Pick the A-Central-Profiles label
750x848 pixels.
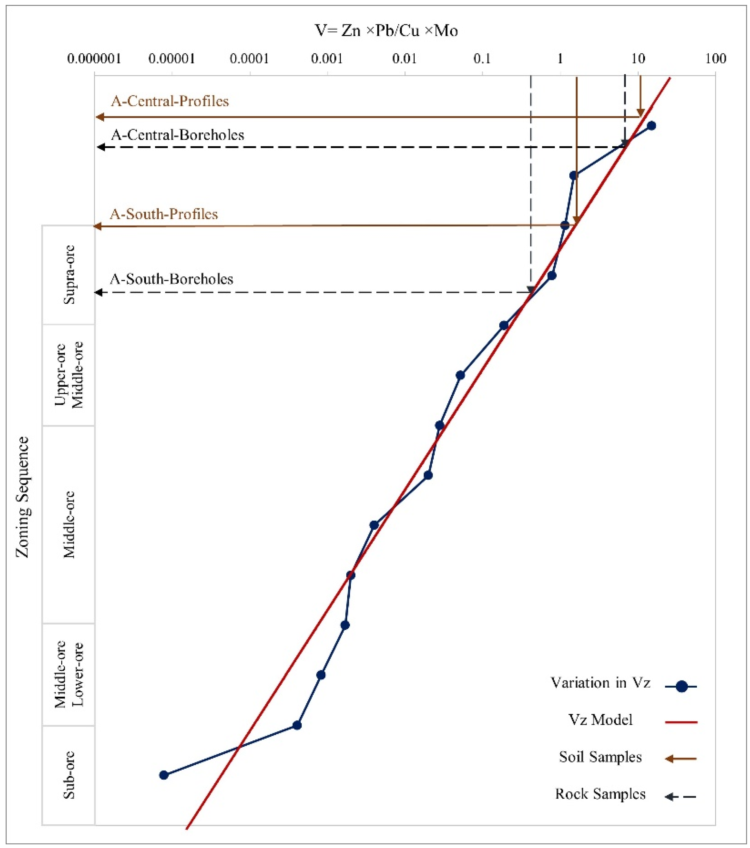170,101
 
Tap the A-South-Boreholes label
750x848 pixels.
172,279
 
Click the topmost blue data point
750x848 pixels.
651,126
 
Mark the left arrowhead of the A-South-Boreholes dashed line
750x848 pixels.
99,293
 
